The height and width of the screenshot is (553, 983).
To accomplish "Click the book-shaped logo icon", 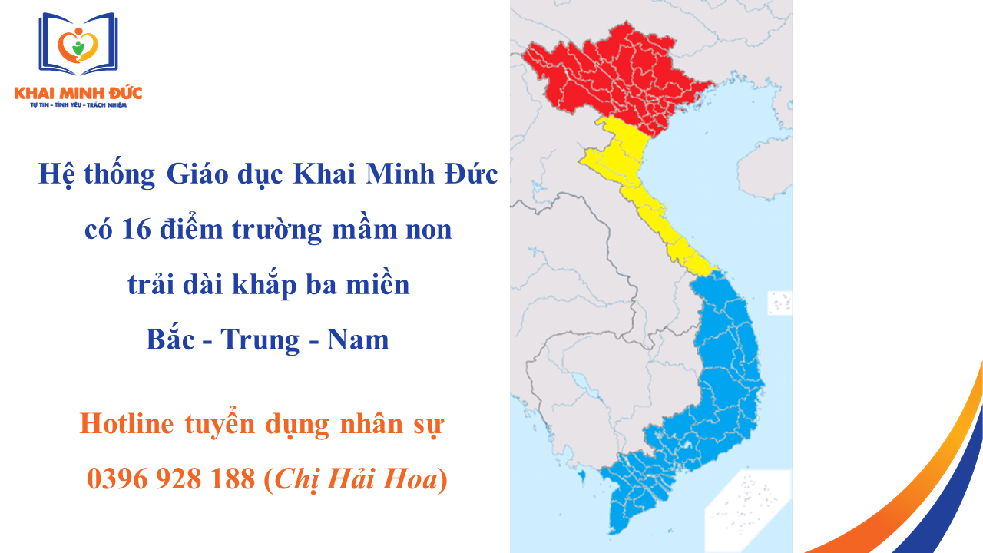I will [78, 45].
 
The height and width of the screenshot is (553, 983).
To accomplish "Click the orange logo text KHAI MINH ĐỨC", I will [78, 93].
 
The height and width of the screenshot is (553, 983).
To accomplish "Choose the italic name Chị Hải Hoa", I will [356, 479].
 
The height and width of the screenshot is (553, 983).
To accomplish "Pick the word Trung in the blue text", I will [259, 339].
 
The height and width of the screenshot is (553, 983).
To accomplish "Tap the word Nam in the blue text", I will [358, 339].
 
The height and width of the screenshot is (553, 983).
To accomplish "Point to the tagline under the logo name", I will [78, 104].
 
